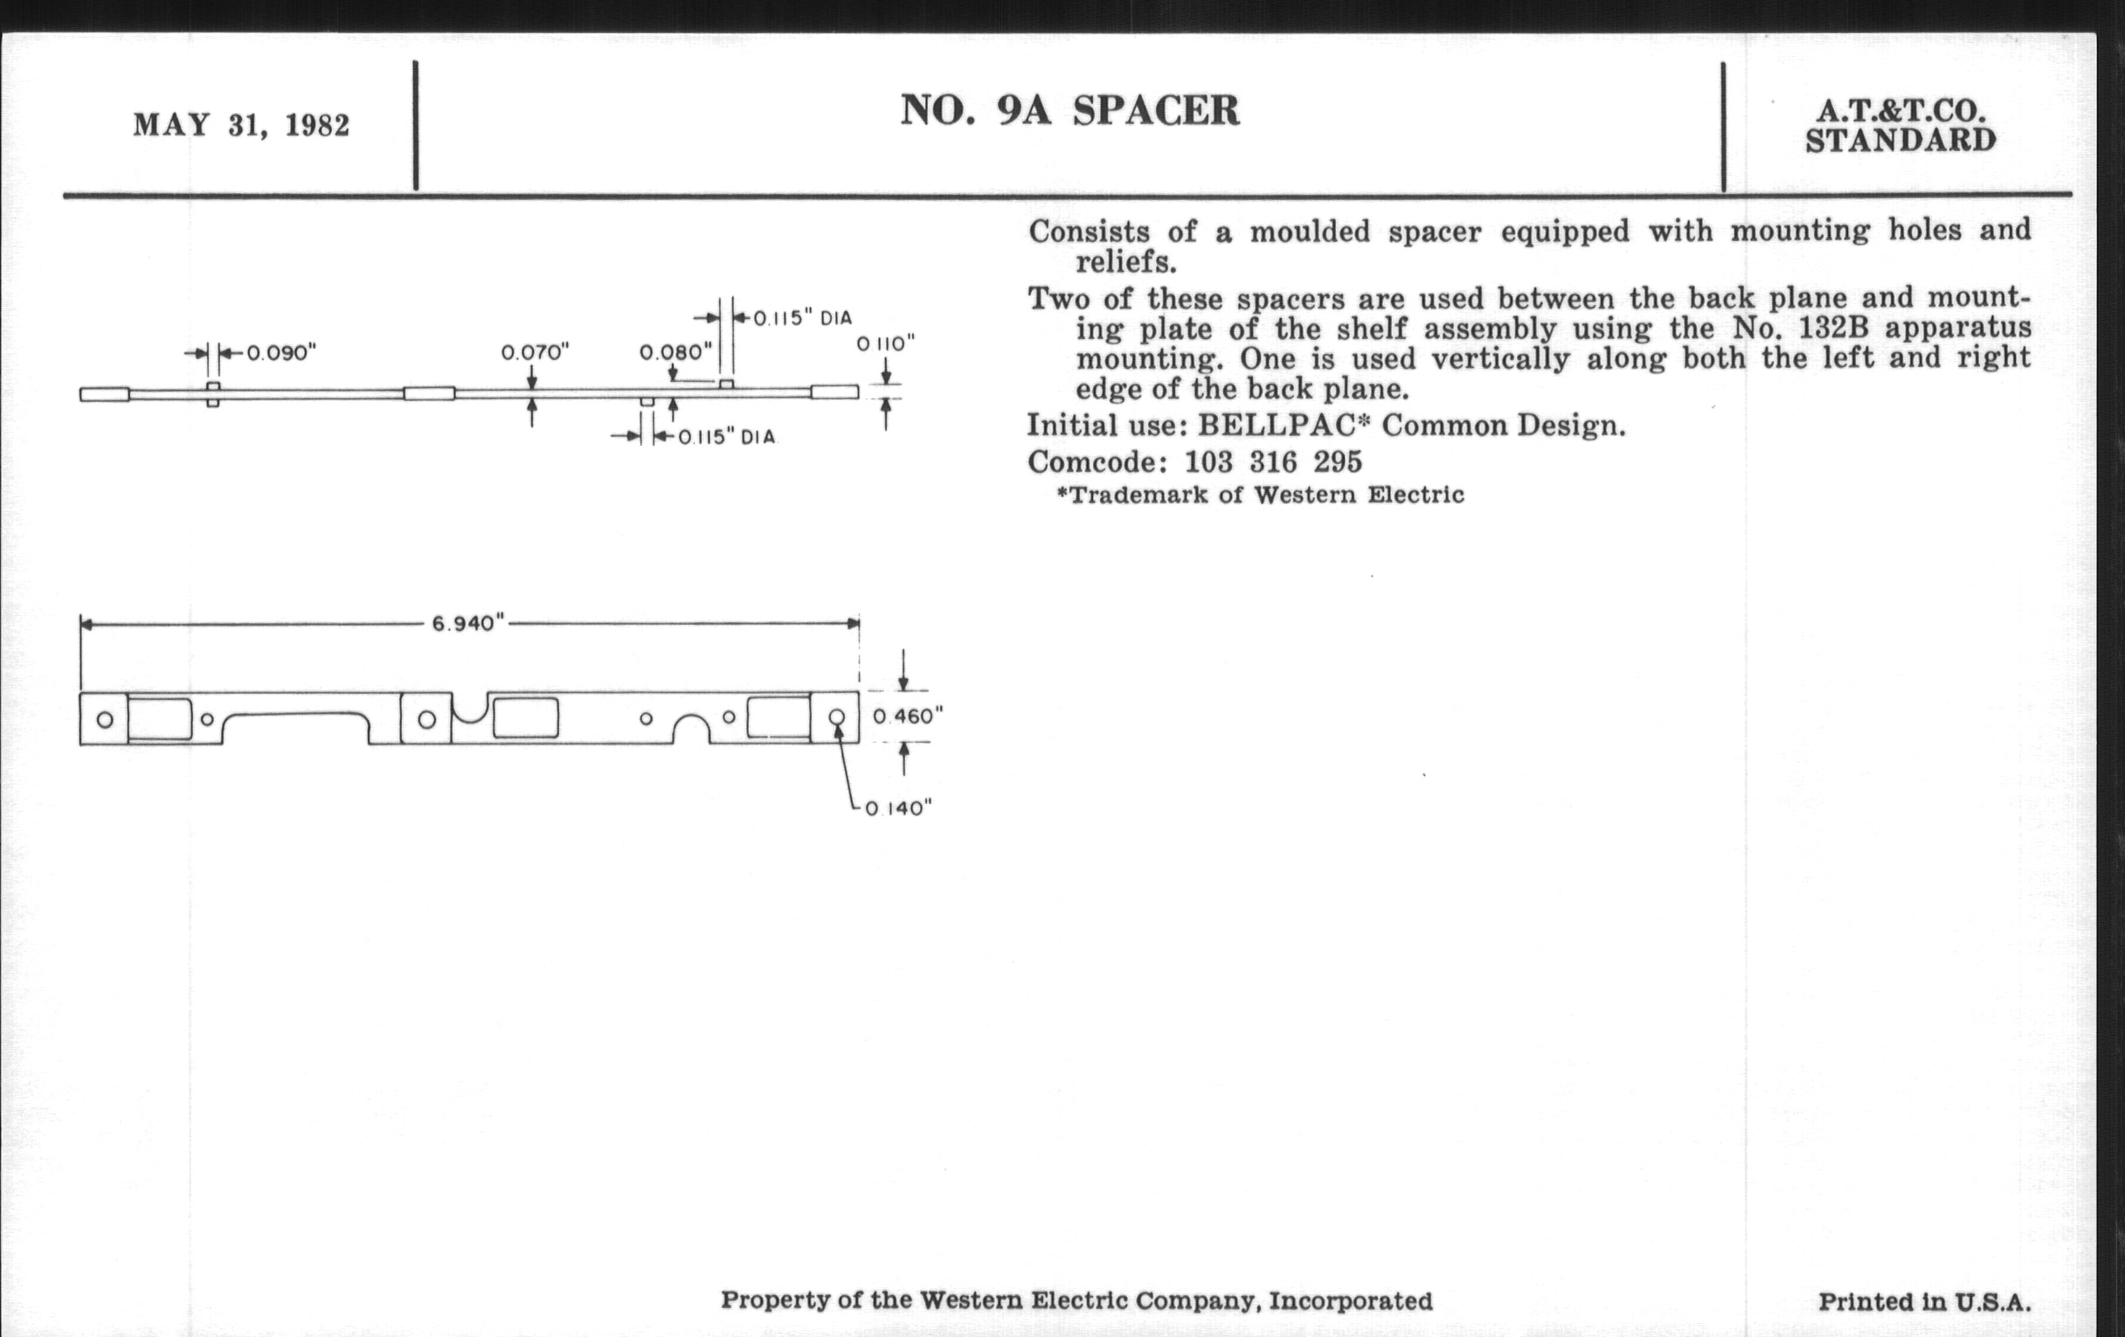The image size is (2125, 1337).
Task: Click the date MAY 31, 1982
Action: tap(241, 125)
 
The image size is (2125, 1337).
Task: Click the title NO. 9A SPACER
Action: tap(1069, 111)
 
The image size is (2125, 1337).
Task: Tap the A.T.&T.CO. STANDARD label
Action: tap(1900, 125)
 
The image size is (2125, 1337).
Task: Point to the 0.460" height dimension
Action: tap(908, 717)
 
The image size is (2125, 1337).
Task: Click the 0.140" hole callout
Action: tap(898, 808)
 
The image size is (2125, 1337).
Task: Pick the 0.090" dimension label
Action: tap(280, 353)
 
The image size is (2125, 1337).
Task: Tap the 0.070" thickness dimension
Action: tap(535, 353)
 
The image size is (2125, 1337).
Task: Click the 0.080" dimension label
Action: tap(675, 353)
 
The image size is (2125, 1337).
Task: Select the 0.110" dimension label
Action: tap(886, 343)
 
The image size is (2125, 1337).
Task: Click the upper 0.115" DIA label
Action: tap(801, 318)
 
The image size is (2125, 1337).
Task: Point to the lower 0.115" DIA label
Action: tap(726, 437)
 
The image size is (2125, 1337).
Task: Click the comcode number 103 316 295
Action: tap(1272, 461)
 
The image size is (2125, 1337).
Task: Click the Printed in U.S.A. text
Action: tap(1924, 1302)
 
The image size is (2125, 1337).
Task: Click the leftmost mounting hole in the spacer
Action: tap(105, 719)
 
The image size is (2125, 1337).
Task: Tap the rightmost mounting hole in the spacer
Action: tap(836, 717)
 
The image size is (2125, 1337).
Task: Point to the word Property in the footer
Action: tap(765, 1301)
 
